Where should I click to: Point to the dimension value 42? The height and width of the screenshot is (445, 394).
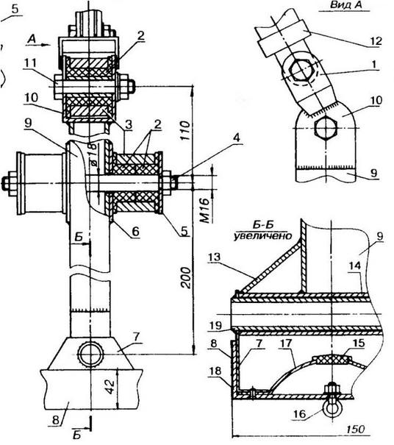click(110, 386)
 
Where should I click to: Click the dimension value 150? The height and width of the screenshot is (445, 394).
click(356, 429)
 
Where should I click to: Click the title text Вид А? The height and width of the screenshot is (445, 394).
click(345, 5)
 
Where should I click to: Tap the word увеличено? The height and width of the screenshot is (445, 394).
click(262, 235)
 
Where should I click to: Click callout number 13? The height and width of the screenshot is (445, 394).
click(215, 258)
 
